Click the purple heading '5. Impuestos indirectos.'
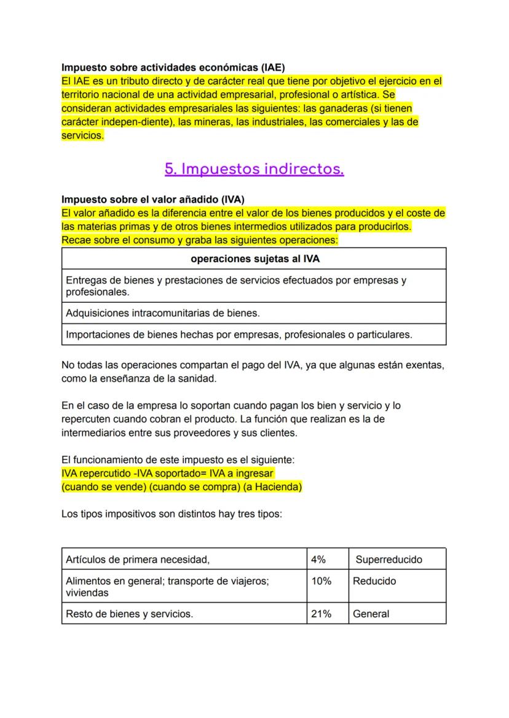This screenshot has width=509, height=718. point(254,169)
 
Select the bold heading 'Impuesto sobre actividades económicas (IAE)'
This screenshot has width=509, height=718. point(173,67)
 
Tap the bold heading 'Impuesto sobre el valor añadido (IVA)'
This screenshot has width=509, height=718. point(153,200)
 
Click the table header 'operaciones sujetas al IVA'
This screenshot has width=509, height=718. point(254,259)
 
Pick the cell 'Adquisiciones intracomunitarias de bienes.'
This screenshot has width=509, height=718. point(163,313)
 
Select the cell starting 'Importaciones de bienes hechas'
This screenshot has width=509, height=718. point(239,335)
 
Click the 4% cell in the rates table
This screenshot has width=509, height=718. point(318,560)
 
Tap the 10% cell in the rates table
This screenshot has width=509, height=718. point(321,581)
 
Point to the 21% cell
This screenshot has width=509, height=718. point(321,614)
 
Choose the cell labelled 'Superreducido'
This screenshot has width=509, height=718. point(389,560)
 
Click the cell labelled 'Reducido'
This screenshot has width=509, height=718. point(374,581)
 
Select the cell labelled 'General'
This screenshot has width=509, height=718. point(371,614)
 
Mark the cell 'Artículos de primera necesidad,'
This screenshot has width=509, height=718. point(138,560)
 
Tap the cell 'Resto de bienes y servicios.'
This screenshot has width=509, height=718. point(129,614)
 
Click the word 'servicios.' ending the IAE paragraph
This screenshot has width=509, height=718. point(82,135)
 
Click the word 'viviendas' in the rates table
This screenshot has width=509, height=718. point(87,593)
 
